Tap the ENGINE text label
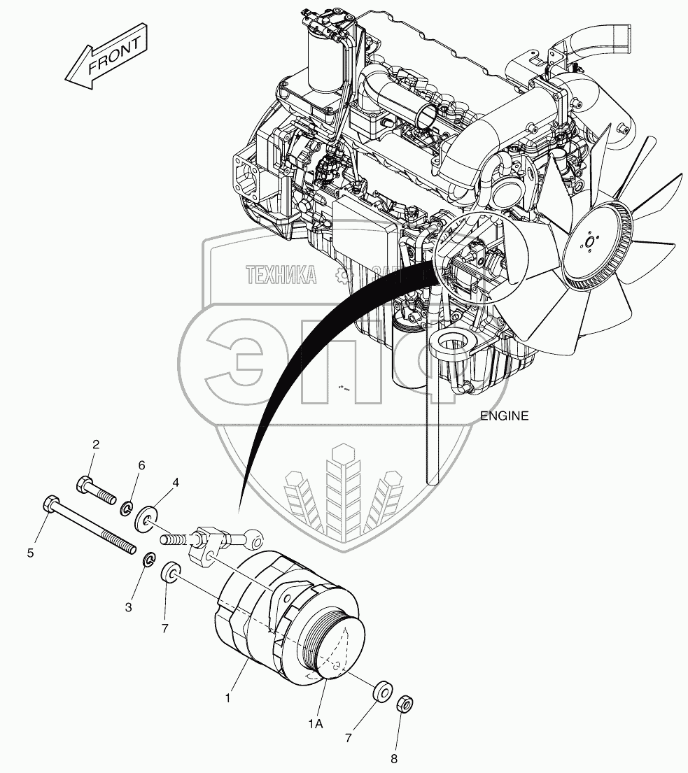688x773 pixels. point(504,416)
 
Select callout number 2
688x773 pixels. point(96,444)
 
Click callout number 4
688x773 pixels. point(176,482)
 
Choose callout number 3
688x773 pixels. point(129,607)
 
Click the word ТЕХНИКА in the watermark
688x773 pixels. point(280,275)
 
